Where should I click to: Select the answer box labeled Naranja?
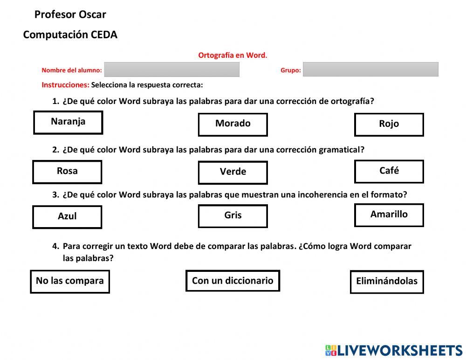pos(68,122)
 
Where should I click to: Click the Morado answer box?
pos(233,125)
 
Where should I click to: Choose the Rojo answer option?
pos(389,125)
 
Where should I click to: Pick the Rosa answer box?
pos(67,172)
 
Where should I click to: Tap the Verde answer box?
pos(233,172)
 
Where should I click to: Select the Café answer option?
pos(389,171)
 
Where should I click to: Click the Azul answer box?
pos(67,217)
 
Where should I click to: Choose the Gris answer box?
pos(233,216)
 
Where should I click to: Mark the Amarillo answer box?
pos(389,215)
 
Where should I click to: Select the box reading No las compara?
pos(70,281)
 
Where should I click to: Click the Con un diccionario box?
pos(233,281)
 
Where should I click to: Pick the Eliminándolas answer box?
pos(387,282)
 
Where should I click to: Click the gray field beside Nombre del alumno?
pos(171,69)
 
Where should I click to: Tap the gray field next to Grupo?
pos(370,69)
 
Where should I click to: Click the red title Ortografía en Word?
pos(233,55)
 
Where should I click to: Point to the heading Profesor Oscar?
pos(70,14)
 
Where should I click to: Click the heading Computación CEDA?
pos(70,35)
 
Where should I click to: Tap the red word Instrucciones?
pos(65,85)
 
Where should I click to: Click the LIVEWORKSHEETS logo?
pos(394,351)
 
